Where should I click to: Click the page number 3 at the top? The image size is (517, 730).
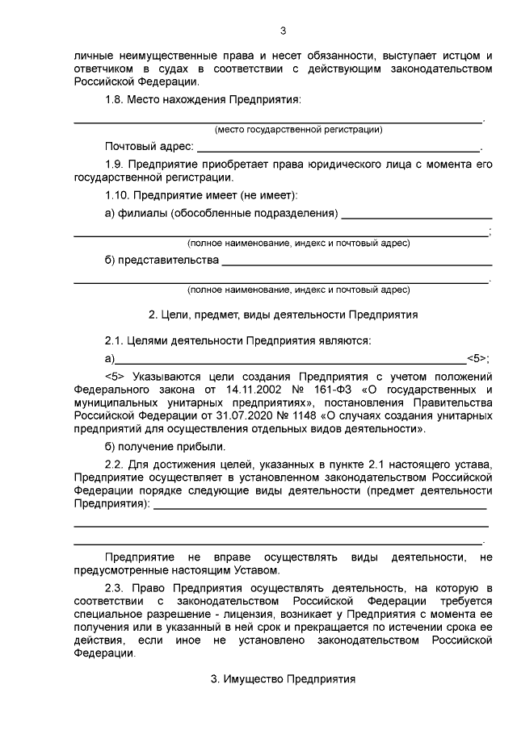283,31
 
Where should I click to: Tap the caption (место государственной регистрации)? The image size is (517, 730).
298,129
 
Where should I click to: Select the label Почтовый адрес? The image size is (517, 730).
149,147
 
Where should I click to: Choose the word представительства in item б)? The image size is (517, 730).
168,261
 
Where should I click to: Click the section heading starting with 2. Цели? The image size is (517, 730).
283,313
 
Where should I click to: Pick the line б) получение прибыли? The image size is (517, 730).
166,446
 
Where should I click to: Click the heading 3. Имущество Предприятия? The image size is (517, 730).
283,679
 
